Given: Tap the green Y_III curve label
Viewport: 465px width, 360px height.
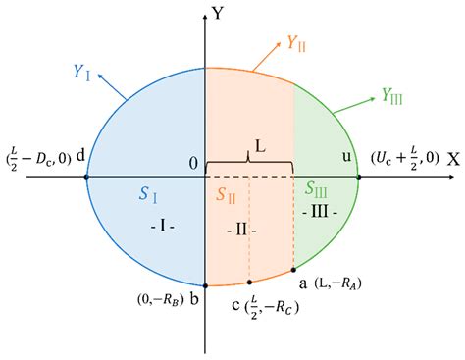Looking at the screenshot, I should [x=393, y=96].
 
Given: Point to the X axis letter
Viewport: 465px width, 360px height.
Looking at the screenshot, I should [x=453, y=158].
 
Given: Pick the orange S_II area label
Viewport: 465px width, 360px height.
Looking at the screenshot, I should [x=228, y=193].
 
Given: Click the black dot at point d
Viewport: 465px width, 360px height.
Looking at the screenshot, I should [x=88, y=178].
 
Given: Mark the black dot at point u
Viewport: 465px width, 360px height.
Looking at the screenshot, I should [x=358, y=178].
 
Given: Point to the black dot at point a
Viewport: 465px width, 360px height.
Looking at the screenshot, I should [x=293, y=269].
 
